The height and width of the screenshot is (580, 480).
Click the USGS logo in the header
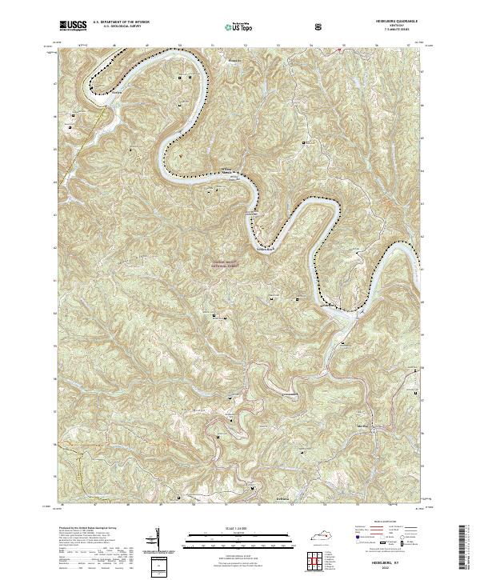click(73, 26)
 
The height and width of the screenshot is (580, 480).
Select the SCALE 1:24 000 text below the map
click(240, 528)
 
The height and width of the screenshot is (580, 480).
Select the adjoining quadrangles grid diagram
click(319, 560)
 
